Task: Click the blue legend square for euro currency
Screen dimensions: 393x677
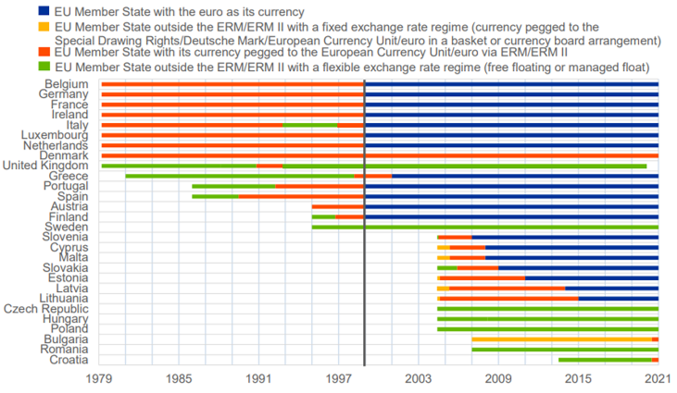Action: [x=44, y=11]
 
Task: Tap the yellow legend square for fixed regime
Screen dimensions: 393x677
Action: [x=44, y=29]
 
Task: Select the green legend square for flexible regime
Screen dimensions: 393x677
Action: [x=44, y=67]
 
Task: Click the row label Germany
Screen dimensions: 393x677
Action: [x=65, y=94]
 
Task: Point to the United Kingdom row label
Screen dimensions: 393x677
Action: [x=45, y=166]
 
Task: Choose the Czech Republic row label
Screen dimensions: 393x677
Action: [x=46, y=308]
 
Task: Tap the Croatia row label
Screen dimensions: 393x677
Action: [x=68, y=360]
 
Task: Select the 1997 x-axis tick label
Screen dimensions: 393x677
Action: [x=339, y=379]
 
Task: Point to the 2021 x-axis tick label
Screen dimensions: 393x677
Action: [x=658, y=379]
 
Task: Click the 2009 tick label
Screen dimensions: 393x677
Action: [x=498, y=379]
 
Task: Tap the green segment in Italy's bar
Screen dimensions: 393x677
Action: [x=309, y=125]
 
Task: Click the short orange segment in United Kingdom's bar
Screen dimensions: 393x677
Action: [x=270, y=166]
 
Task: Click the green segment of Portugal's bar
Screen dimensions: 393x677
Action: [x=233, y=186]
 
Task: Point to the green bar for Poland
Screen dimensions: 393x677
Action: [x=546, y=328]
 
